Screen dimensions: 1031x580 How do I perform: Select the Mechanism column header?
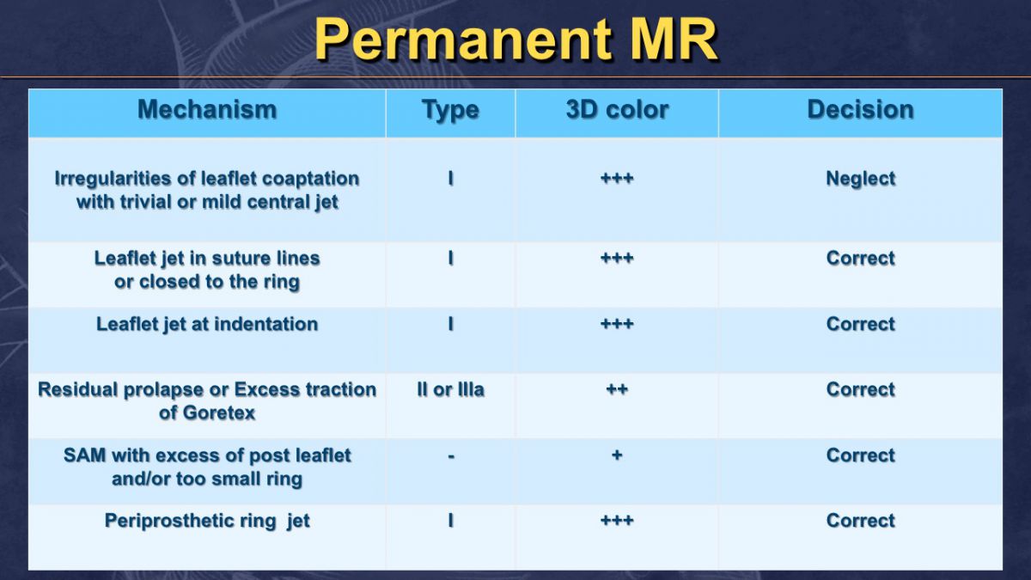coord(207,110)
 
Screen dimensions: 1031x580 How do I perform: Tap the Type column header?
coord(450,111)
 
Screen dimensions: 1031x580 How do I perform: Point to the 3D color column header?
coord(617,110)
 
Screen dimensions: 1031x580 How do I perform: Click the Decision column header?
coord(860,110)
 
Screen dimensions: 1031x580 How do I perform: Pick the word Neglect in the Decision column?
coord(860,179)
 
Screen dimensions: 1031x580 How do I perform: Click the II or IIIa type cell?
coord(450,389)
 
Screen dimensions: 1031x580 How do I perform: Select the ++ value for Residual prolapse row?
coord(617,389)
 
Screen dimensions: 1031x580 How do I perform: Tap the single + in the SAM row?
coord(617,455)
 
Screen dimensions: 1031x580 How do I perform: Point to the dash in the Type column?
coord(450,456)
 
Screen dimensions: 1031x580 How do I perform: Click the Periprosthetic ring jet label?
coord(207,521)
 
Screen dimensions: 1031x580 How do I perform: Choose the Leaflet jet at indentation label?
coord(207,324)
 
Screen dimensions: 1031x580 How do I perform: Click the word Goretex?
coord(219,413)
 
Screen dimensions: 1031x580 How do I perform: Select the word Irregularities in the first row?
coord(113,179)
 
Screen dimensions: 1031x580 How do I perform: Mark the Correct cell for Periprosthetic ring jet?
coord(860,521)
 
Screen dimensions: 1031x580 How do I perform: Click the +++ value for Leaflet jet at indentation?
coord(617,324)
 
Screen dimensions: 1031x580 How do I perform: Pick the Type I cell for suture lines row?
coord(450,258)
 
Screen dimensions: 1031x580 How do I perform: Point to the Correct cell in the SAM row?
coord(860,455)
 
